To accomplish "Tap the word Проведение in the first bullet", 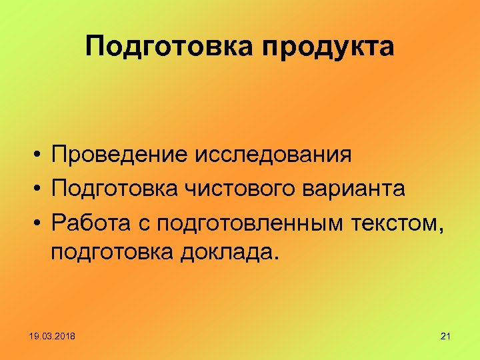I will tap(119, 155).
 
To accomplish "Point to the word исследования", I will tap(273, 155).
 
